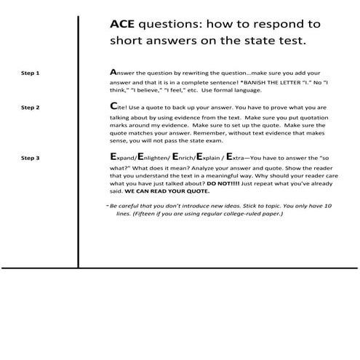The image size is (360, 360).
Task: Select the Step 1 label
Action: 30,73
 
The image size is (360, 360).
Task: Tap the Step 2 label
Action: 30,108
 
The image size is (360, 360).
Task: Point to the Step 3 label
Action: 30,157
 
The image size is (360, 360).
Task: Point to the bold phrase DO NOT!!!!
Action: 225,185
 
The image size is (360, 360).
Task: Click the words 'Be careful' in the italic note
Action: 127,206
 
